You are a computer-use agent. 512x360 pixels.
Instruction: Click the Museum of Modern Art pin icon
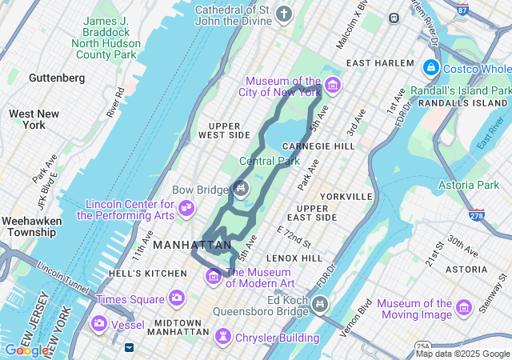coord(214,277)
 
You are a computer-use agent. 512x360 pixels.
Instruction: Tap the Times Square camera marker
coord(175,298)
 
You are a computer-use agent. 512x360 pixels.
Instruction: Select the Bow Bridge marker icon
coord(240,189)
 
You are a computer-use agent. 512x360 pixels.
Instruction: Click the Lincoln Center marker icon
coord(186,209)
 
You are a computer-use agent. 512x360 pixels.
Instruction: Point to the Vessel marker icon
coord(99,324)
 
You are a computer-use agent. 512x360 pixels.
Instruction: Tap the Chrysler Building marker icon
coord(224,337)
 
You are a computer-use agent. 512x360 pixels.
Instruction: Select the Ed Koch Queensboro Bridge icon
coord(320,303)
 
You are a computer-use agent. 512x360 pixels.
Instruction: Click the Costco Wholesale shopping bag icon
coord(431,69)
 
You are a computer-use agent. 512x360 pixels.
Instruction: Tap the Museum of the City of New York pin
coord(332,86)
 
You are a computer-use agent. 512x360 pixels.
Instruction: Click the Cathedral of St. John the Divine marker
coord(283,14)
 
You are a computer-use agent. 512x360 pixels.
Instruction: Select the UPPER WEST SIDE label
coord(230,130)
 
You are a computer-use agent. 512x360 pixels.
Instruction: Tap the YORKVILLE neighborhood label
coord(346,196)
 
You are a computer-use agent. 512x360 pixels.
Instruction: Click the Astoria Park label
coord(468,186)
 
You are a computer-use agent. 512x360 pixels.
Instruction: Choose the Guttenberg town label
coord(56,78)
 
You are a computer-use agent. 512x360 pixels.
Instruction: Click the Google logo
coord(26,350)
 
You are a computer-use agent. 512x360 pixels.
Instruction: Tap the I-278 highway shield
coord(477,215)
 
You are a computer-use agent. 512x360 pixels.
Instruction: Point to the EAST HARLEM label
coord(380,63)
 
